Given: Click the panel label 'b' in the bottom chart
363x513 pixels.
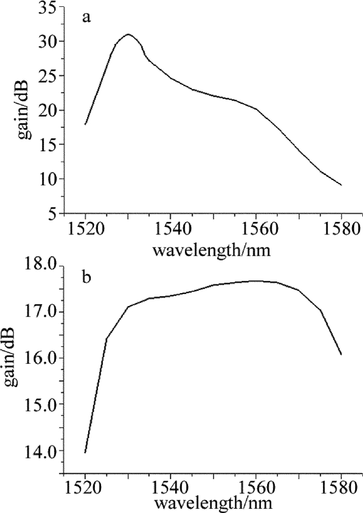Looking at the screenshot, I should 87,277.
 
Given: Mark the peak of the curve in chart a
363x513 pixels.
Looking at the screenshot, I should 128,34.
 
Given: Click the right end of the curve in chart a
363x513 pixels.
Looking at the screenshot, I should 341,185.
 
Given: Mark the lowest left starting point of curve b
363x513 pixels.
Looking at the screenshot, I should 85,453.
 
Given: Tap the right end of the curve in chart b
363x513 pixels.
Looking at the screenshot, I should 341,355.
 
